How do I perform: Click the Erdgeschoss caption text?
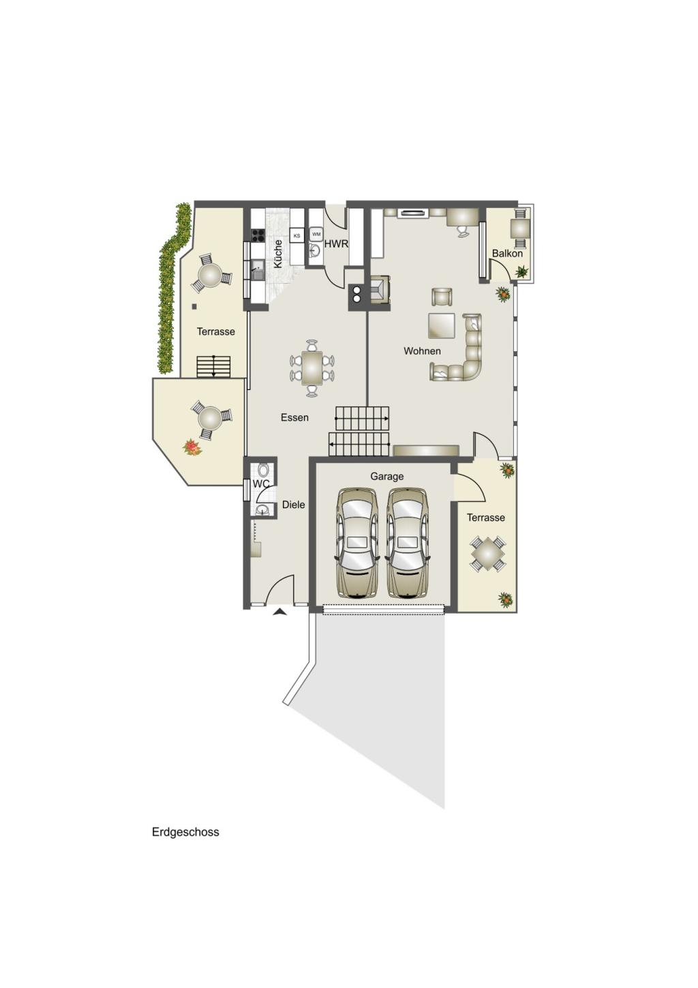point(185,832)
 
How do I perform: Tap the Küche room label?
point(278,254)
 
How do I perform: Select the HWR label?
point(336,244)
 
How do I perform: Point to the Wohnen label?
point(422,351)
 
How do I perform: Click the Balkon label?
point(507,254)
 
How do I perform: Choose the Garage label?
point(386,477)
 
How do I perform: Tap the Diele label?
point(293,505)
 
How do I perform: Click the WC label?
point(261,484)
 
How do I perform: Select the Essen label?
point(294,417)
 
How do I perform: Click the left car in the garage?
point(356,543)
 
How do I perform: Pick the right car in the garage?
point(407,543)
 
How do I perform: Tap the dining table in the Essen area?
point(312,368)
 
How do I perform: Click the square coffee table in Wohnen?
point(441,325)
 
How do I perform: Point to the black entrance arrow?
point(279,612)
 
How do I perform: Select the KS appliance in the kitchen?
point(297,236)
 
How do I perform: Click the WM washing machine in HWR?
point(316,234)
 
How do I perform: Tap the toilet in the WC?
point(263,470)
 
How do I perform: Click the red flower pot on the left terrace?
point(192,447)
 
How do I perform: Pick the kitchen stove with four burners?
point(258,235)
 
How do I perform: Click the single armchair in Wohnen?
point(441,297)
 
